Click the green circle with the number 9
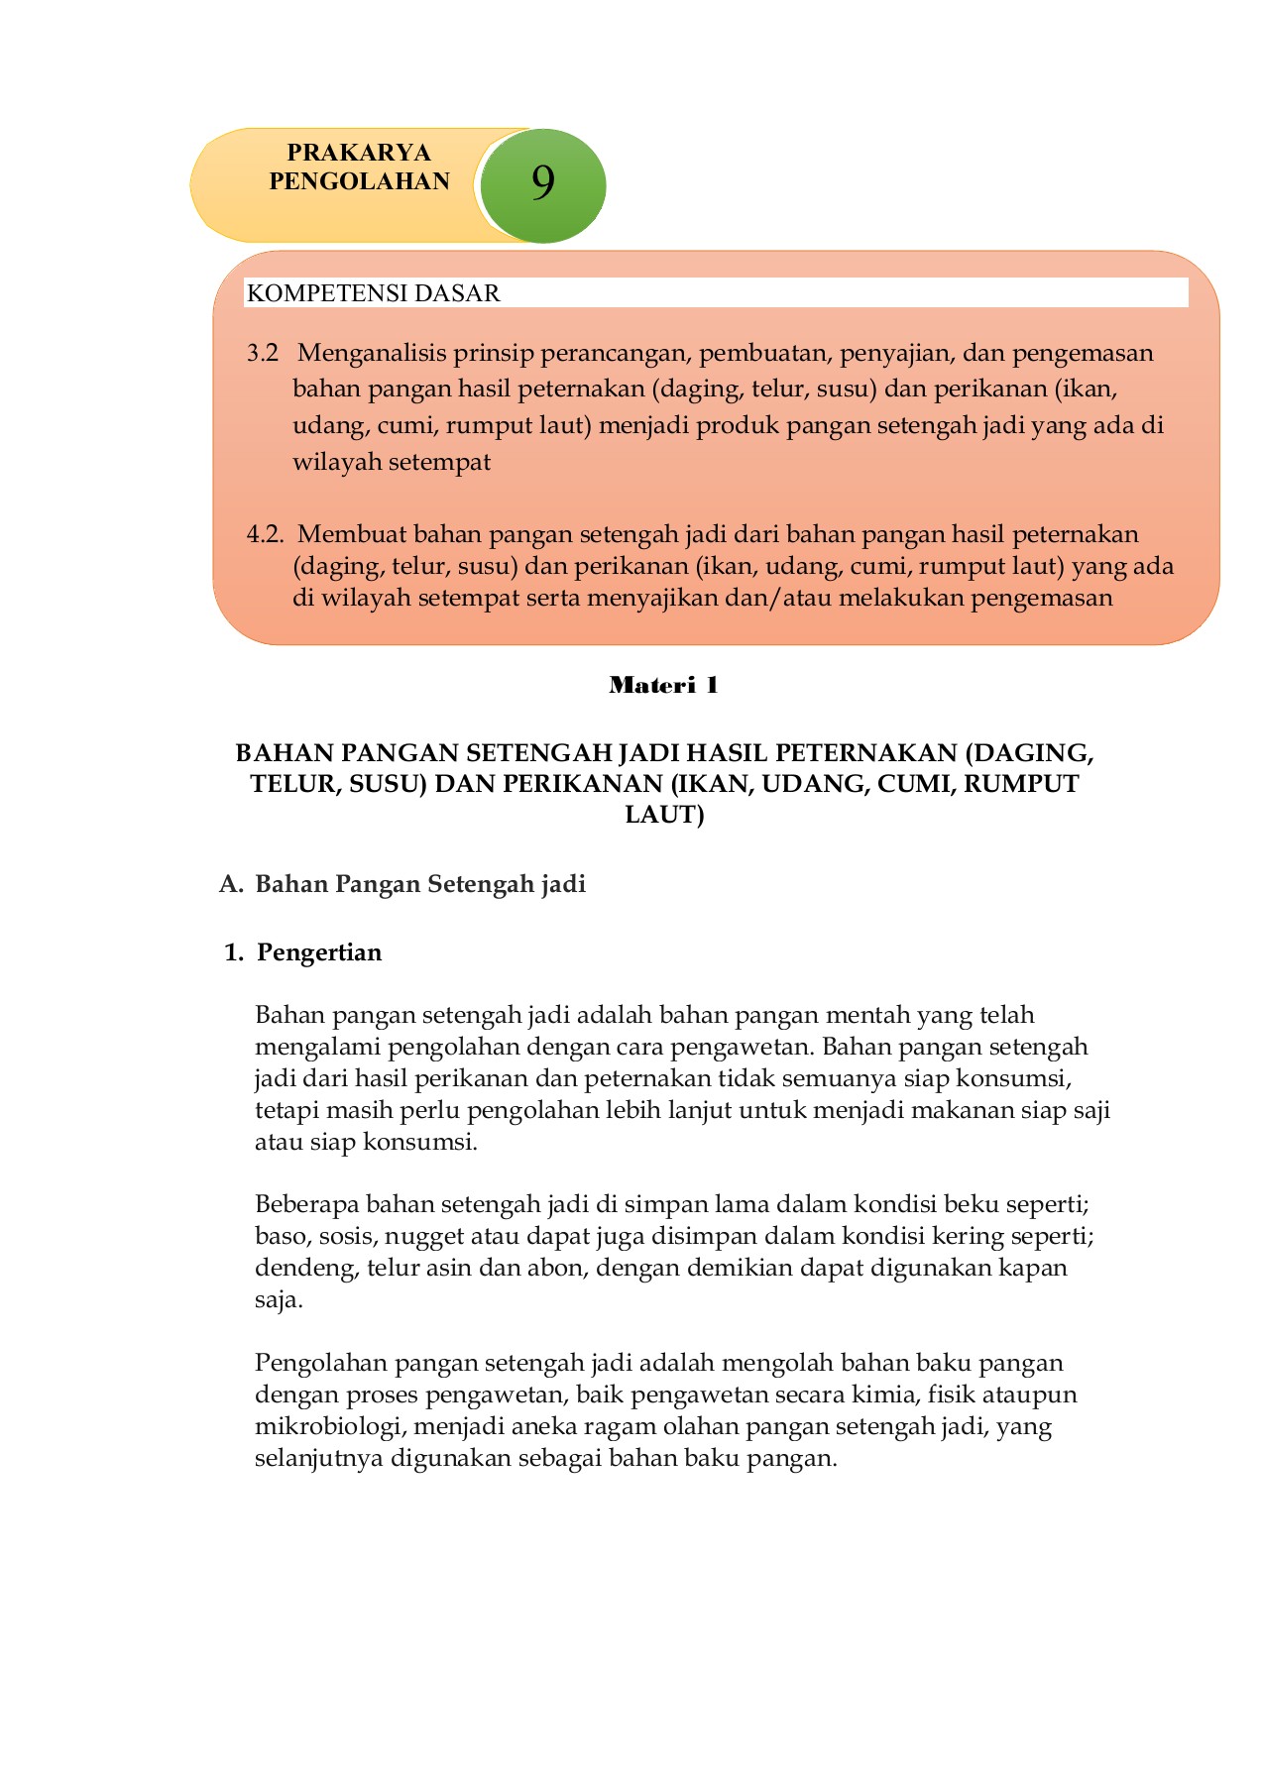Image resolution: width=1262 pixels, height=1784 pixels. pyautogui.click(x=541, y=185)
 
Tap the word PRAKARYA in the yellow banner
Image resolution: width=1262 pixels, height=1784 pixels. pyautogui.click(x=359, y=153)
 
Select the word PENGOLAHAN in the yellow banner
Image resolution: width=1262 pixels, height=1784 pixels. pyautogui.click(x=359, y=181)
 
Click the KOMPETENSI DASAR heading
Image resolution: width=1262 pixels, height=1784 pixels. pyautogui.click(x=373, y=293)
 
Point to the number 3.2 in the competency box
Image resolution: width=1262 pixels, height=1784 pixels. pyautogui.click(x=263, y=353)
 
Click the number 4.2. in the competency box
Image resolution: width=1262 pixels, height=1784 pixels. pyautogui.click(x=265, y=534)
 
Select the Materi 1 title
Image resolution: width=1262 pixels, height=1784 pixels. pyautogui.click(x=663, y=685)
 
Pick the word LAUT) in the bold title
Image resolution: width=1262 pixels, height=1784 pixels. pyautogui.click(x=664, y=815)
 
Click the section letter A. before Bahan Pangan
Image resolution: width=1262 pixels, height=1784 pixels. pyautogui.click(x=231, y=884)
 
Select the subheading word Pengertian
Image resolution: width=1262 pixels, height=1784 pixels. pyautogui.click(x=319, y=952)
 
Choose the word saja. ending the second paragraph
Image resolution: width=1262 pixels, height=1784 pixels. pyautogui.click(x=279, y=1300)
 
